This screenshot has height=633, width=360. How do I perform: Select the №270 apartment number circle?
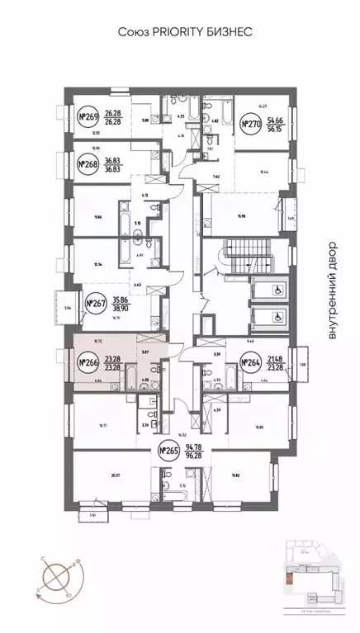click(x=249, y=124)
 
